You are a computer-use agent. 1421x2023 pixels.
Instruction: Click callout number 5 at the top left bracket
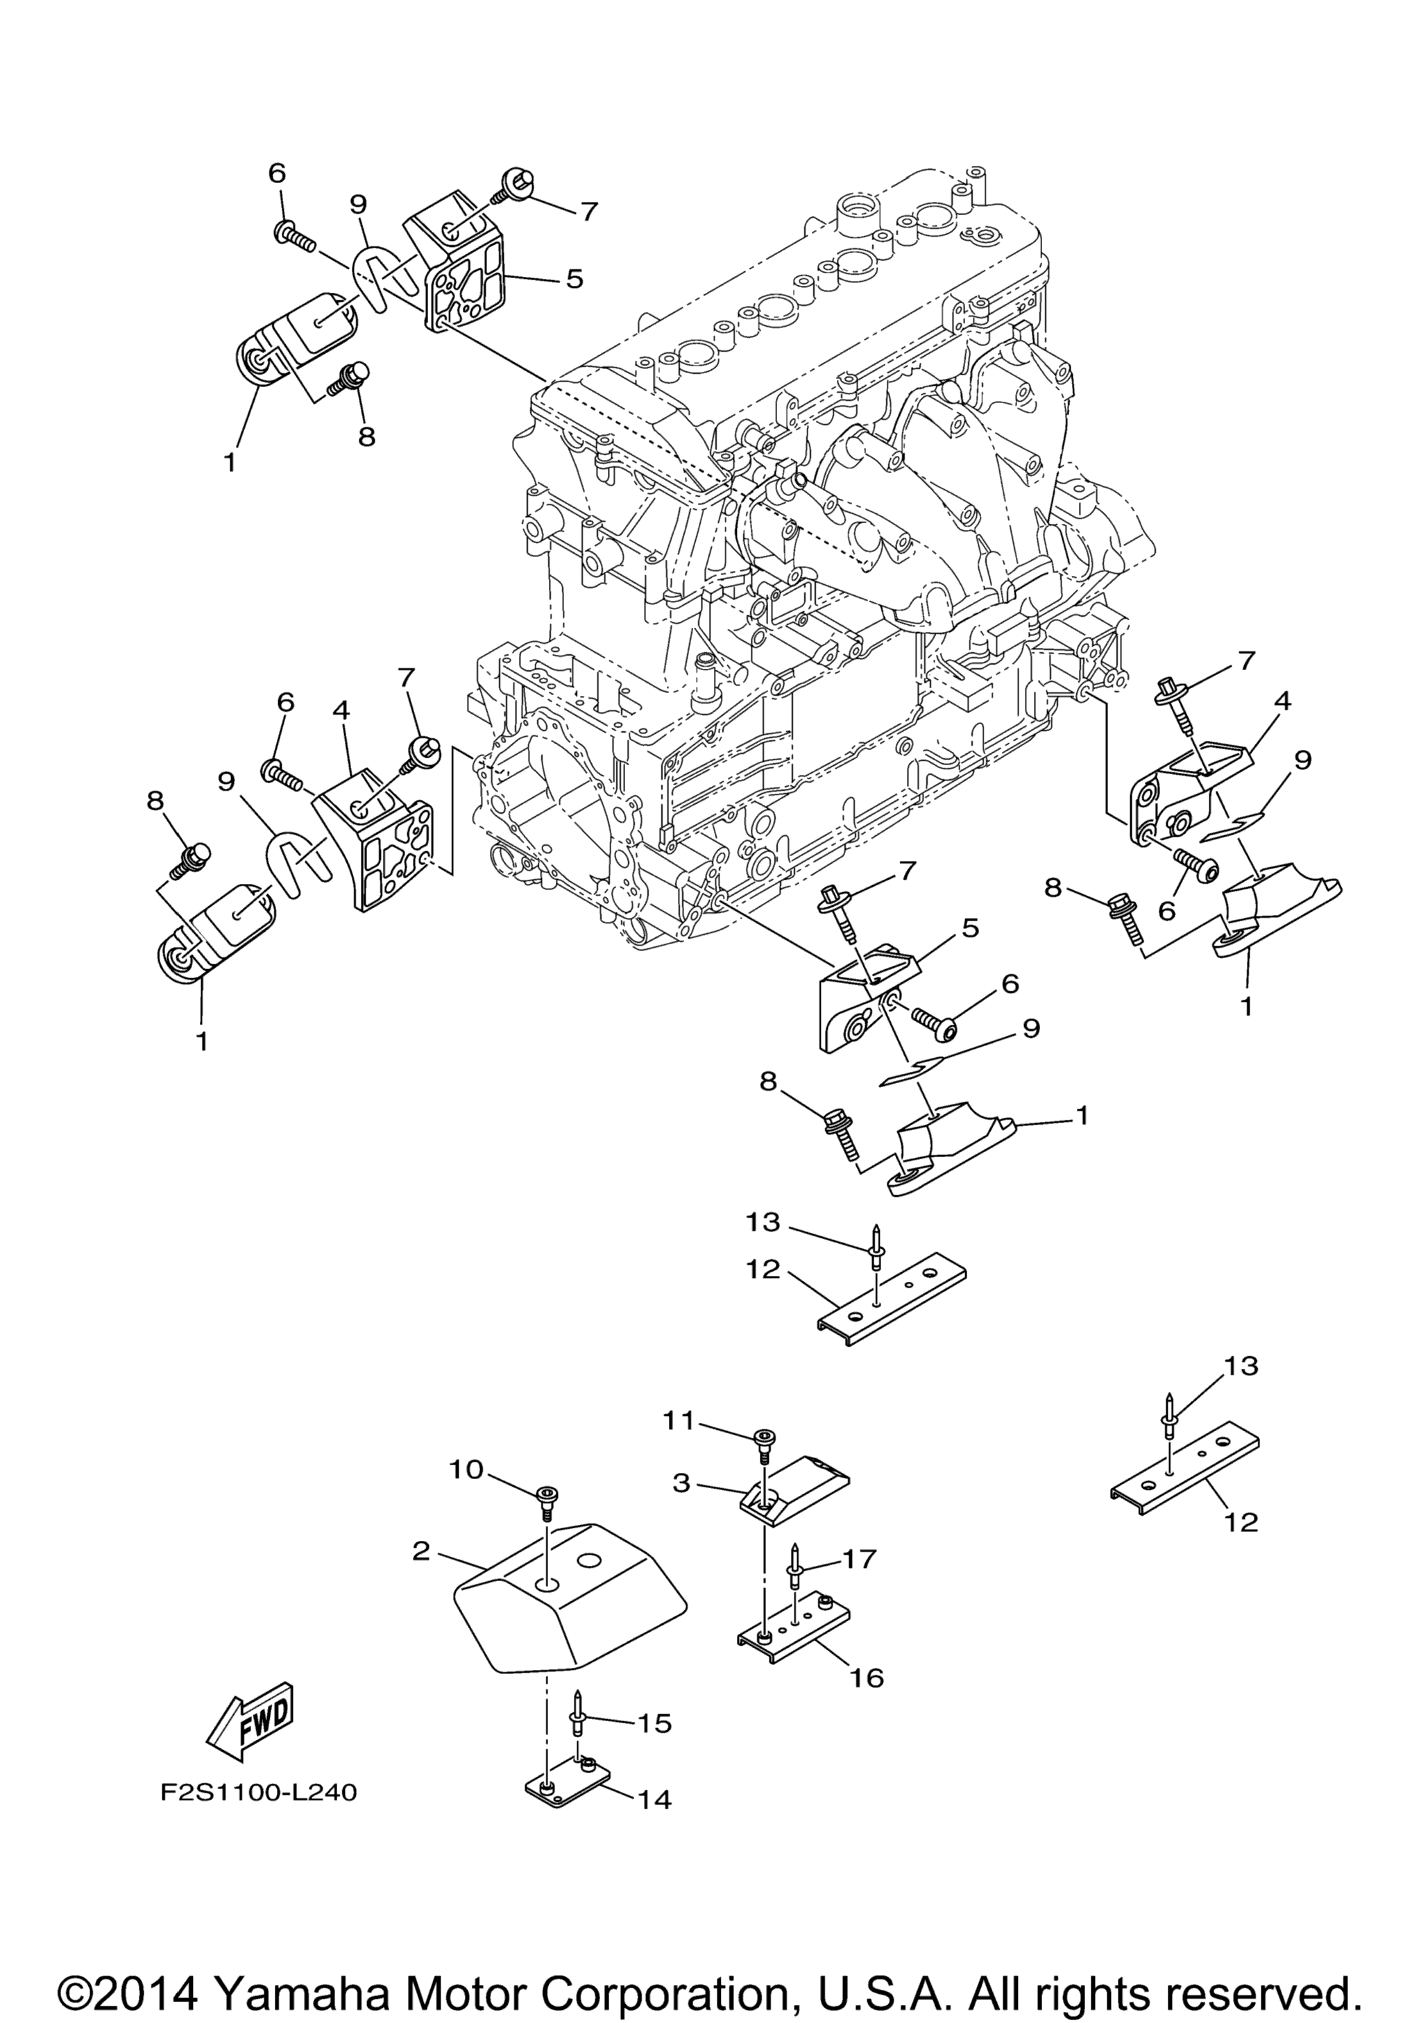coord(574,280)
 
